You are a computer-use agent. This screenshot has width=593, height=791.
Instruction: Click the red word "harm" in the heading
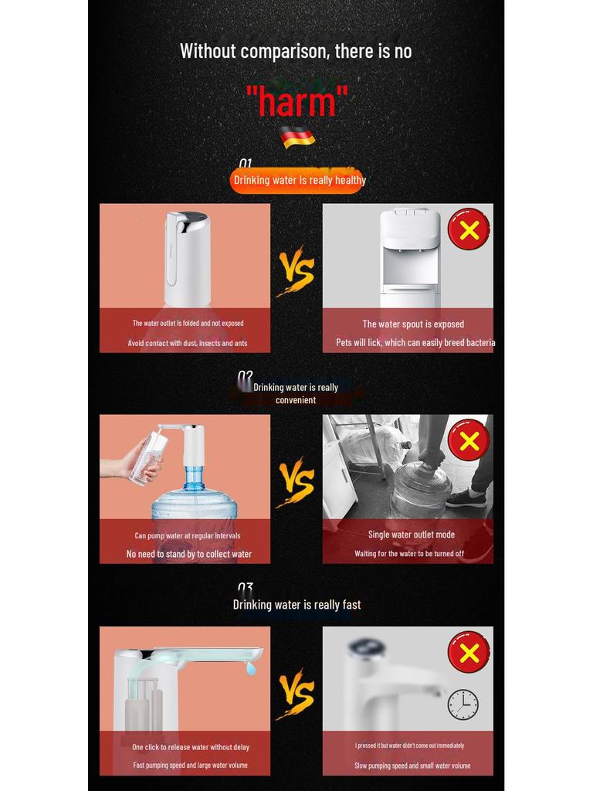click(x=296, y=101)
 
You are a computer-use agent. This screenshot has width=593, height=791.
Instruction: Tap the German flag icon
click(x=297, y=137)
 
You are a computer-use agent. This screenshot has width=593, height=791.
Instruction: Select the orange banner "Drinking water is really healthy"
click(x=297, y=180)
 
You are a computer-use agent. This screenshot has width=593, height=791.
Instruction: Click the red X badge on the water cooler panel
click(x=469, y=229)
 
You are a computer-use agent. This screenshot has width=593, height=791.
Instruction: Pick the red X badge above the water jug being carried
click(x=469, y=440)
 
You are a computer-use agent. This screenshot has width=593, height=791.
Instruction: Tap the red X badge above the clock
click(x=469, y=652)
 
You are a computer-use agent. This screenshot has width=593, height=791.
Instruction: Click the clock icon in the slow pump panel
click(x=463, y=704)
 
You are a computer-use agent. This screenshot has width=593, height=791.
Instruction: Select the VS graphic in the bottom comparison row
click(x=296, y=694)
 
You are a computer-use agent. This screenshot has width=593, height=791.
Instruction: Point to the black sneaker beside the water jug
click(x=466, y=498)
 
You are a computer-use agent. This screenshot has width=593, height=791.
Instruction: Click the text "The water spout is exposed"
click(x=413, y=324)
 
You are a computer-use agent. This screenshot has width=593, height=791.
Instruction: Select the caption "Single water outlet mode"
click(x=411, y=535)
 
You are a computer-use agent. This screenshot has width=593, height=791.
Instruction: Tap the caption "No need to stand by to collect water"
click(x=189, y=554)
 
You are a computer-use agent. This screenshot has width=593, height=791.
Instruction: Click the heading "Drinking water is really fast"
click(x=297, y=605)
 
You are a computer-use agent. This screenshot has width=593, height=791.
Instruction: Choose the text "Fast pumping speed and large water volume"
click(x=190, y=766)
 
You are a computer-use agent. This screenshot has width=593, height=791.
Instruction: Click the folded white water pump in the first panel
click(x=186, y=258)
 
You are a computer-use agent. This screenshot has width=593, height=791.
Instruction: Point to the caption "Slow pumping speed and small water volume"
click(x=412, y=766)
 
